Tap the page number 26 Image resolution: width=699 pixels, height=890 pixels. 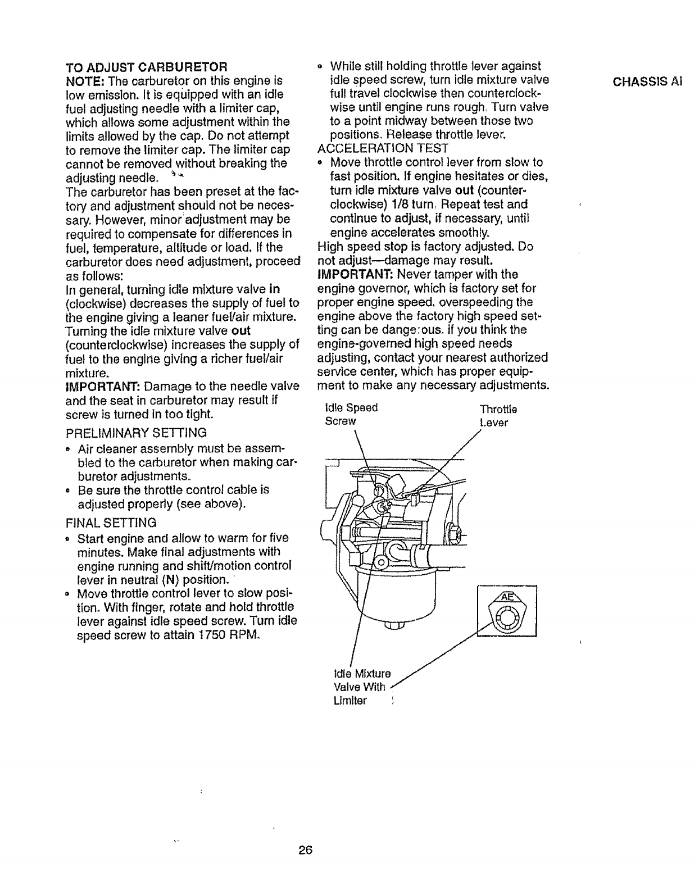(x=305, y=850)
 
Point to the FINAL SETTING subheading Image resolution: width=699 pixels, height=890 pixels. (x=111, y=521)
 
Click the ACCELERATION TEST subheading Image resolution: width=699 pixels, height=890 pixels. (x=383, y=148)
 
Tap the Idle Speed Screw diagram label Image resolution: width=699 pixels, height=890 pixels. (x=351, y=414)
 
